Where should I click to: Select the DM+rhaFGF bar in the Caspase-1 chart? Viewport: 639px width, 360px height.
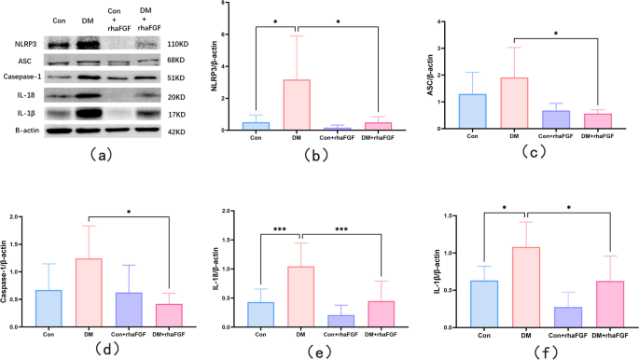[169, 298]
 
